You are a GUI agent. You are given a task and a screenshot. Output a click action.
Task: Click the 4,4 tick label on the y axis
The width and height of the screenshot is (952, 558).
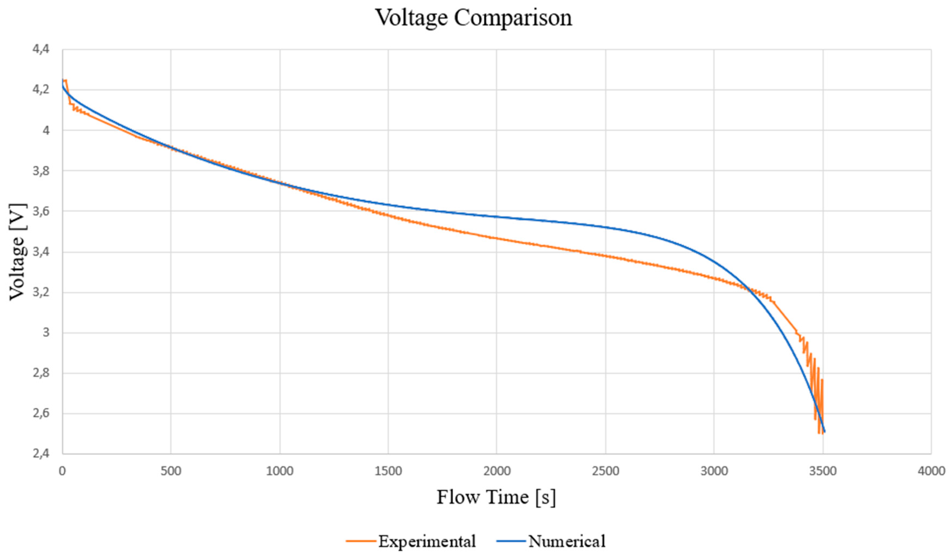tap(41, 49)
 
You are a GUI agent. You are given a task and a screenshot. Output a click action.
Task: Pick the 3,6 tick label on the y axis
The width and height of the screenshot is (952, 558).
tap(41, 211)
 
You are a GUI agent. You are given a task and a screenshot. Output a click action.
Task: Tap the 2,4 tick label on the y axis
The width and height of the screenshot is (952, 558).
tap(41, 453)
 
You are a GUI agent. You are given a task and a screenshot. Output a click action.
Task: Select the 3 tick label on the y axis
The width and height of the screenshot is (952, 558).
tap(46, 333)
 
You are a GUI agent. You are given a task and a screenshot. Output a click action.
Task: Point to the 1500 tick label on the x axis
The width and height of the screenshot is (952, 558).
tap(388, 471)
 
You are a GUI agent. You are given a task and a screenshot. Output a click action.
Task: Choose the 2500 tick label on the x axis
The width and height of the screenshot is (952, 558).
tap(606, 471)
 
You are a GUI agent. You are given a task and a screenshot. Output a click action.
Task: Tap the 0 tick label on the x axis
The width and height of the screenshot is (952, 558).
tap(62, 471)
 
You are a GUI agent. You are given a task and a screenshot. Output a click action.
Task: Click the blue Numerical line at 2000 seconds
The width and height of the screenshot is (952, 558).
tap(496, 217)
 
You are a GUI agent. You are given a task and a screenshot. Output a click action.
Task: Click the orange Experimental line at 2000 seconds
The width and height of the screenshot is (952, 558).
tap(496, 238)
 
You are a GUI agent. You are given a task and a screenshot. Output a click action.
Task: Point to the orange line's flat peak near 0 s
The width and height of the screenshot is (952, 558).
tap(65, 80)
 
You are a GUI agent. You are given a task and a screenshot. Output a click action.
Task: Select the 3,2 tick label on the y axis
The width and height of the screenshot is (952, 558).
tap(41, 292)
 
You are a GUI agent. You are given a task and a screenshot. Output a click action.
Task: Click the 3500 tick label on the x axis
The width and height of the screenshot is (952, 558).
tap(823, 471)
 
